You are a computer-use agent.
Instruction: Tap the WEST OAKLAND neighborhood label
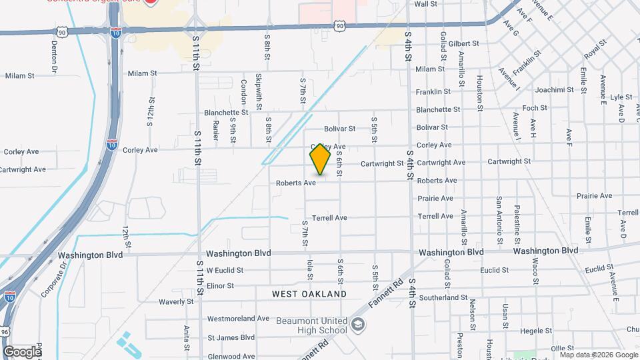pos(309,294)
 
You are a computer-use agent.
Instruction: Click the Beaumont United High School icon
pos(358,325)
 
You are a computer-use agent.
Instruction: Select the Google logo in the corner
pos(22,351)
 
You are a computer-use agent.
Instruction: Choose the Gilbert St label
pos(464,44)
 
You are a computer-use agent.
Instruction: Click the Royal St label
pos(595,49)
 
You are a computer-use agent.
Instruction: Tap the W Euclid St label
pos(225,271)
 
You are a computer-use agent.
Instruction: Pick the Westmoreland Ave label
pos(238,319)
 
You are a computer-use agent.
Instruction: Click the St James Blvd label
pos(231,337)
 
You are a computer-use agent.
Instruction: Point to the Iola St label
pos(310,270)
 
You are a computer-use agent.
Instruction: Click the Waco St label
pos(535,269)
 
